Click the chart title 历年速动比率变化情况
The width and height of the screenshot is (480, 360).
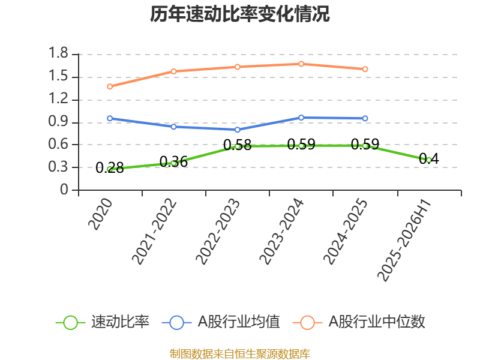click(239, 14)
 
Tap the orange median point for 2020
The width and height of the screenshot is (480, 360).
click(110, 86)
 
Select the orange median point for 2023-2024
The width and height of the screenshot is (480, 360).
click(301, 64)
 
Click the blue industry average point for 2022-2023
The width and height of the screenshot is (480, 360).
click(238, 130)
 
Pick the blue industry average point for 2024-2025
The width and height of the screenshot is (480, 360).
click(365, 118)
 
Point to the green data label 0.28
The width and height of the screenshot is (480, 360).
click(110, 168)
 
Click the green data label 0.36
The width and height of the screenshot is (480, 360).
click(173, 161)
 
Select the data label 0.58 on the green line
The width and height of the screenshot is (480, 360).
click(238, 145)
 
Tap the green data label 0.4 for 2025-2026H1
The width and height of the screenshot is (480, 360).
click(429, 158)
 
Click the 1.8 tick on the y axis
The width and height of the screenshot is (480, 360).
click(58, 53)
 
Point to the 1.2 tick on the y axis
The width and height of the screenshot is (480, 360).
click(58, 98)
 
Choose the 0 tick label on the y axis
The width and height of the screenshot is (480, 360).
click(64, 190)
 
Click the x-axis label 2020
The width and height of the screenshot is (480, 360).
click(100, 214)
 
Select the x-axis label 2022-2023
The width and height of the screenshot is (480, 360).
click(218, 232)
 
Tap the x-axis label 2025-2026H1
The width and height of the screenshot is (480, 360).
click(404, 241)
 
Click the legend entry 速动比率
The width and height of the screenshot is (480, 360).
click(102, 322)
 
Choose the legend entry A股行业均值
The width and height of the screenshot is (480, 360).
click(221, 322)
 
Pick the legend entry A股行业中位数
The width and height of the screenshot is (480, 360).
click(359, 322)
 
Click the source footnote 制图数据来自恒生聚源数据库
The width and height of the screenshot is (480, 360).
click(240, 354)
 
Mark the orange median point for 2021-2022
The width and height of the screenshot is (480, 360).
click(173, 71)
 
